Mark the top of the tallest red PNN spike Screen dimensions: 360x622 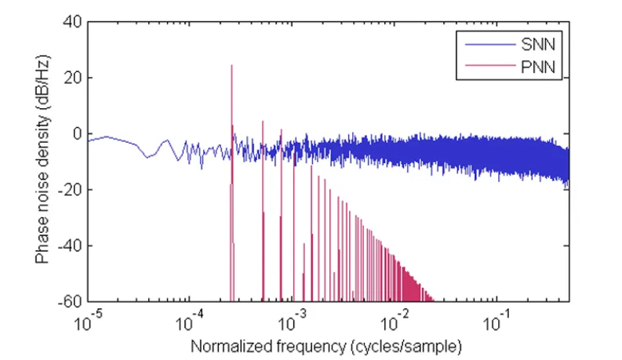click(231, 65)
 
